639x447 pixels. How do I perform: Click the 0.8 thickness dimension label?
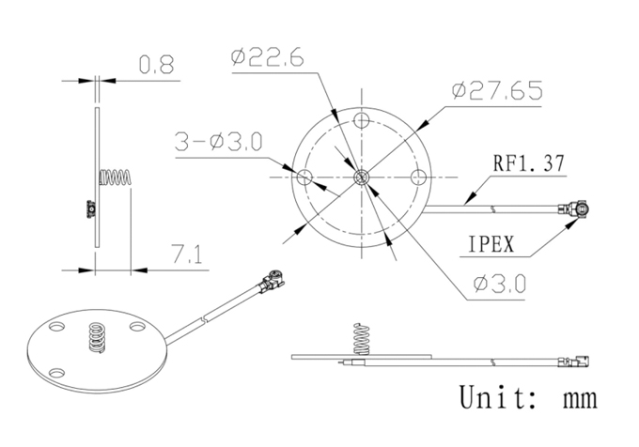[157, 65]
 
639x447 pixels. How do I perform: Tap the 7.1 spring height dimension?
[187, 254]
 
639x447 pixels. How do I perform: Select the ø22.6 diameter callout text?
[267, 57]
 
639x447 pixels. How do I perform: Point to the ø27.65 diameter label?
[497, 90]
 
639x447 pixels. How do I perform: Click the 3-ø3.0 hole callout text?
[218, 142]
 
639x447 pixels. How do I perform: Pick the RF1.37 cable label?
[529, 162]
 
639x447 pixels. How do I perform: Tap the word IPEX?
[491, 244]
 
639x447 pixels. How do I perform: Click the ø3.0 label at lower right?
[500, 284]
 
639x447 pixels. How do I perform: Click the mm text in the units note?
[581, 399]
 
